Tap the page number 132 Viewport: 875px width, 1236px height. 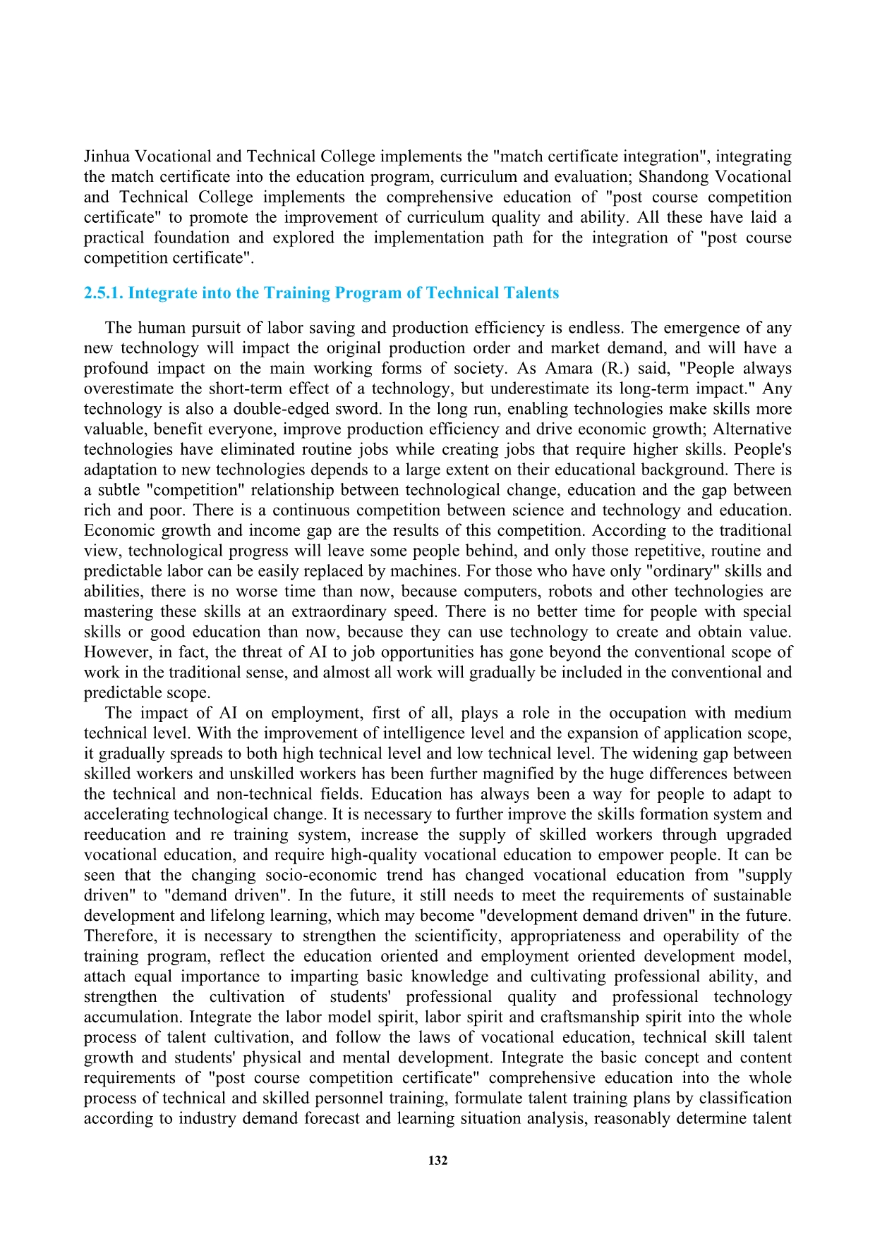click(437, 1161)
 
